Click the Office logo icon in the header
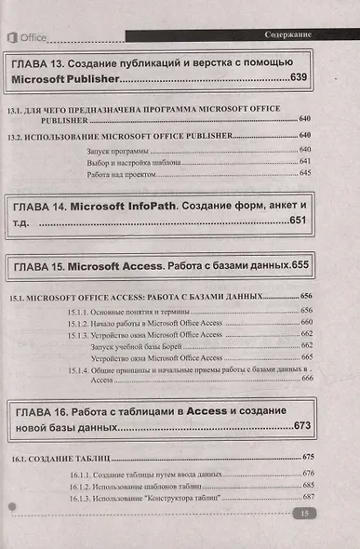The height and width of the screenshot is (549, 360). [14, 36]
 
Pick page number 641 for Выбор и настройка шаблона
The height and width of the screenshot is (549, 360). [305, 162]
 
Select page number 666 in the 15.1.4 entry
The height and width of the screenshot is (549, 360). [306, 380]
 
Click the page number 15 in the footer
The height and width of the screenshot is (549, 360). [303, 515]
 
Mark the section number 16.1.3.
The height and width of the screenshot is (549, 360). [82, 498]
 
